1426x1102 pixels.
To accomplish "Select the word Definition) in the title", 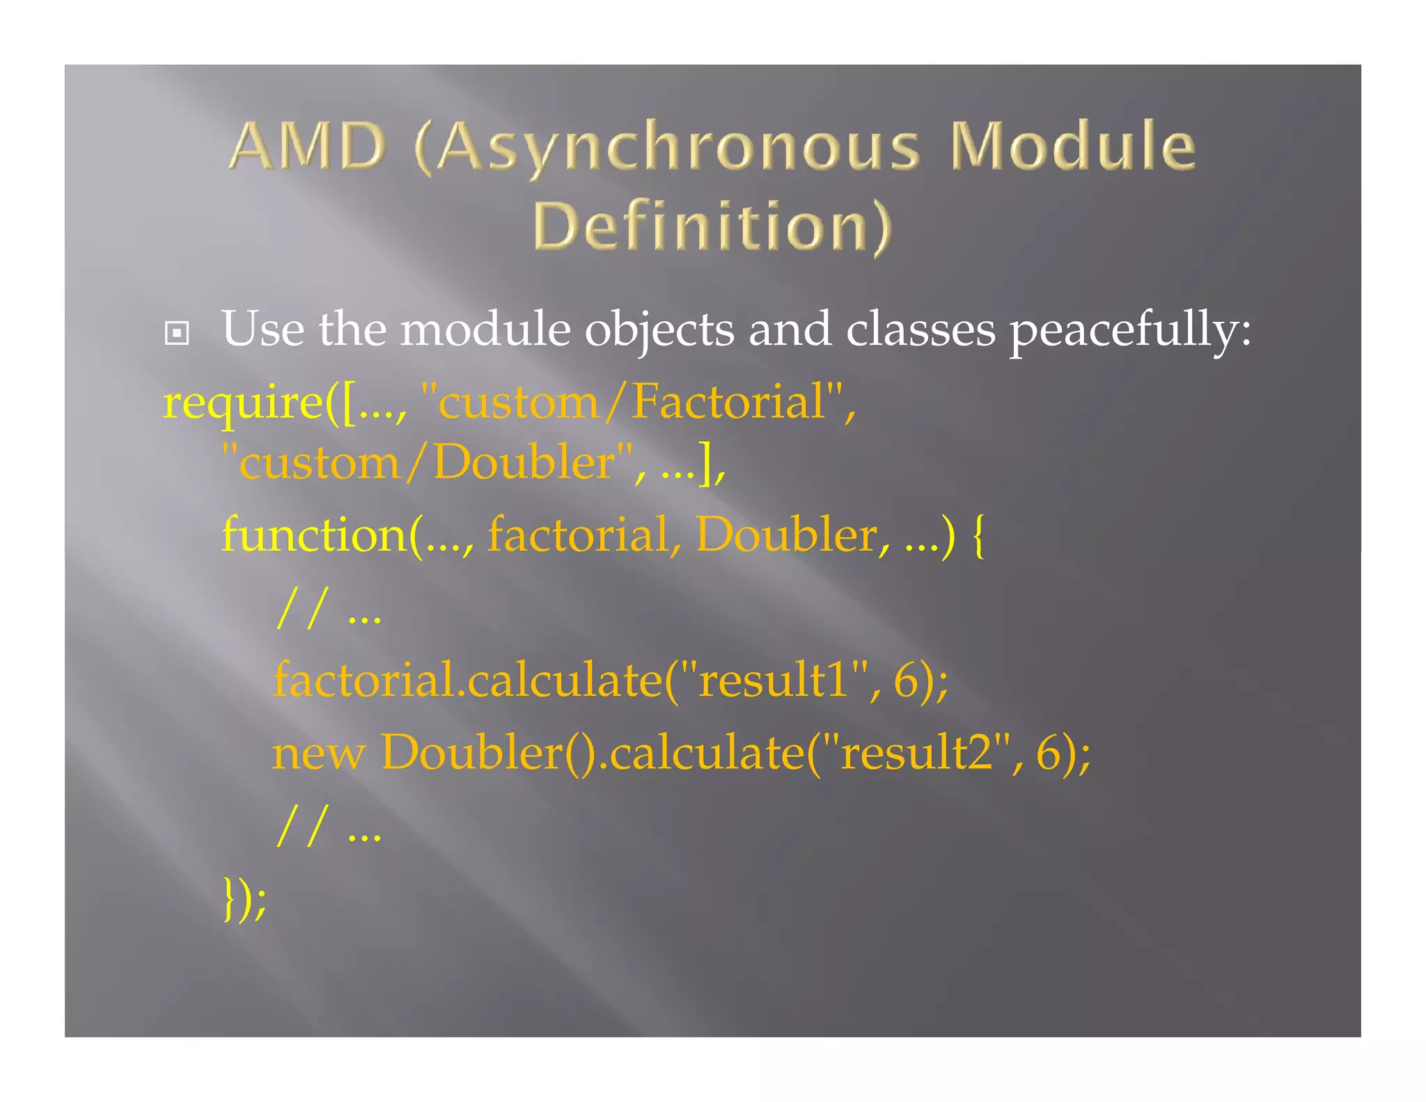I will (712, 226).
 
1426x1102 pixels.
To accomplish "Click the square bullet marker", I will (177, 333).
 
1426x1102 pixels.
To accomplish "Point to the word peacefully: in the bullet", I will (1130, 330).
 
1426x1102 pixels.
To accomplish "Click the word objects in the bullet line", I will (659, 330).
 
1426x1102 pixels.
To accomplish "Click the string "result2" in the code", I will (917, 752).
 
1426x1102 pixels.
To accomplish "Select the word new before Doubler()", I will (318, 754).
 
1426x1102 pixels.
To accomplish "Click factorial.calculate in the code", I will (467, 680).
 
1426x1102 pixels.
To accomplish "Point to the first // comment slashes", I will (301, 609).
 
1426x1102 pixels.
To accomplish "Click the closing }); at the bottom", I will (244, 899).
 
